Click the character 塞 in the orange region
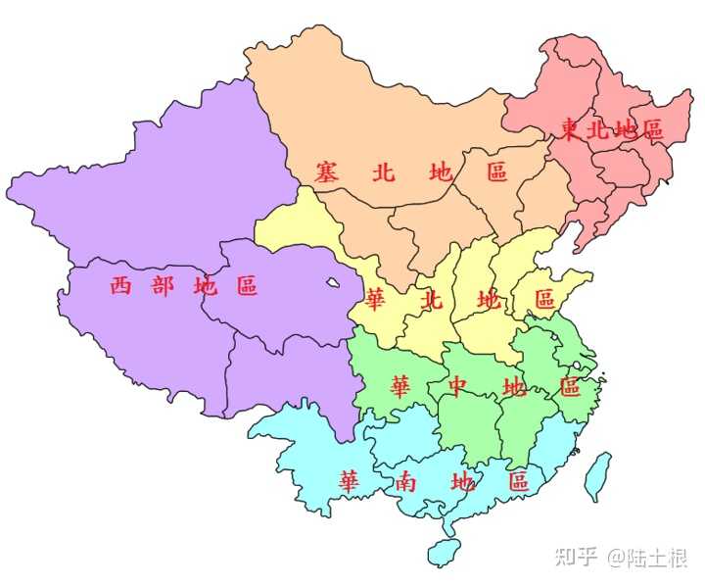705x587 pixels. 327,171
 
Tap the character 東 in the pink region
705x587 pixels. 570,130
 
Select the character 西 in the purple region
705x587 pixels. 119,286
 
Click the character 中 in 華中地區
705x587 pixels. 456,387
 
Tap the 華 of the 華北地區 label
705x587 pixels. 375,298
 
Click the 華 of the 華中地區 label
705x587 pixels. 399,387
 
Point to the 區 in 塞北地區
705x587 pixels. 497,171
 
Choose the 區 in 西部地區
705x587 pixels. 246,286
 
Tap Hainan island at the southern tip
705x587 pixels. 447,552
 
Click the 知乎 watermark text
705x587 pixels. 575,558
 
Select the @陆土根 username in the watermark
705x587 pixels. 647,558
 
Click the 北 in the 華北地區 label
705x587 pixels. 431,298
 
